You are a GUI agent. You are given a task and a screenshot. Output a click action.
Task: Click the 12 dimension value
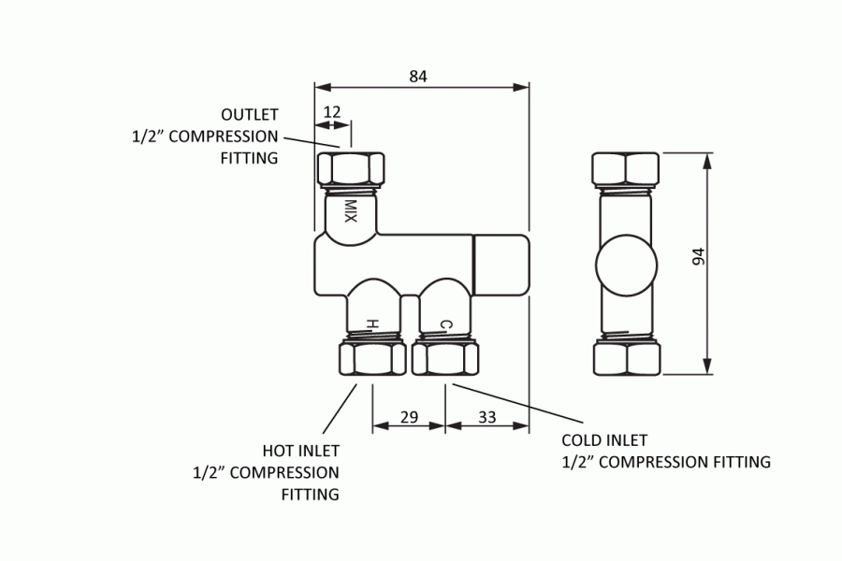pos(331,112)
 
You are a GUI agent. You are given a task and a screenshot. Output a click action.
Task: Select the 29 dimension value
pos(409,418)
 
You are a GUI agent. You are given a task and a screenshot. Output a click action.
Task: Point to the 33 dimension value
pos(486,418)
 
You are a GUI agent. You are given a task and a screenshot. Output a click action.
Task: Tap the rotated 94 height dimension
pos(698,257)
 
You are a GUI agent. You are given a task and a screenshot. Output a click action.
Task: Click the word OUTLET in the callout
pos(250,115)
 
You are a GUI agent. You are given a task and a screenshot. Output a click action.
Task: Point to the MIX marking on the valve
pos(351,210)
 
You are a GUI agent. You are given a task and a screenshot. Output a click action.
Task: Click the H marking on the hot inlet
pos(371,324)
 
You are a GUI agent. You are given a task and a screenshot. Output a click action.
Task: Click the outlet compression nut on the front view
pos(353,168)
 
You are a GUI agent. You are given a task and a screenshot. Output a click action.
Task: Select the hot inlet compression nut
pos(371,359)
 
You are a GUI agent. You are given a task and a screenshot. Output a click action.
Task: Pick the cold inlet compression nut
pos(445,359)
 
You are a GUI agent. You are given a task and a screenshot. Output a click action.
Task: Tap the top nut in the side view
pos(626,168)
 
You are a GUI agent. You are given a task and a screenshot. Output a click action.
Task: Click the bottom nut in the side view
pos(626,359)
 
